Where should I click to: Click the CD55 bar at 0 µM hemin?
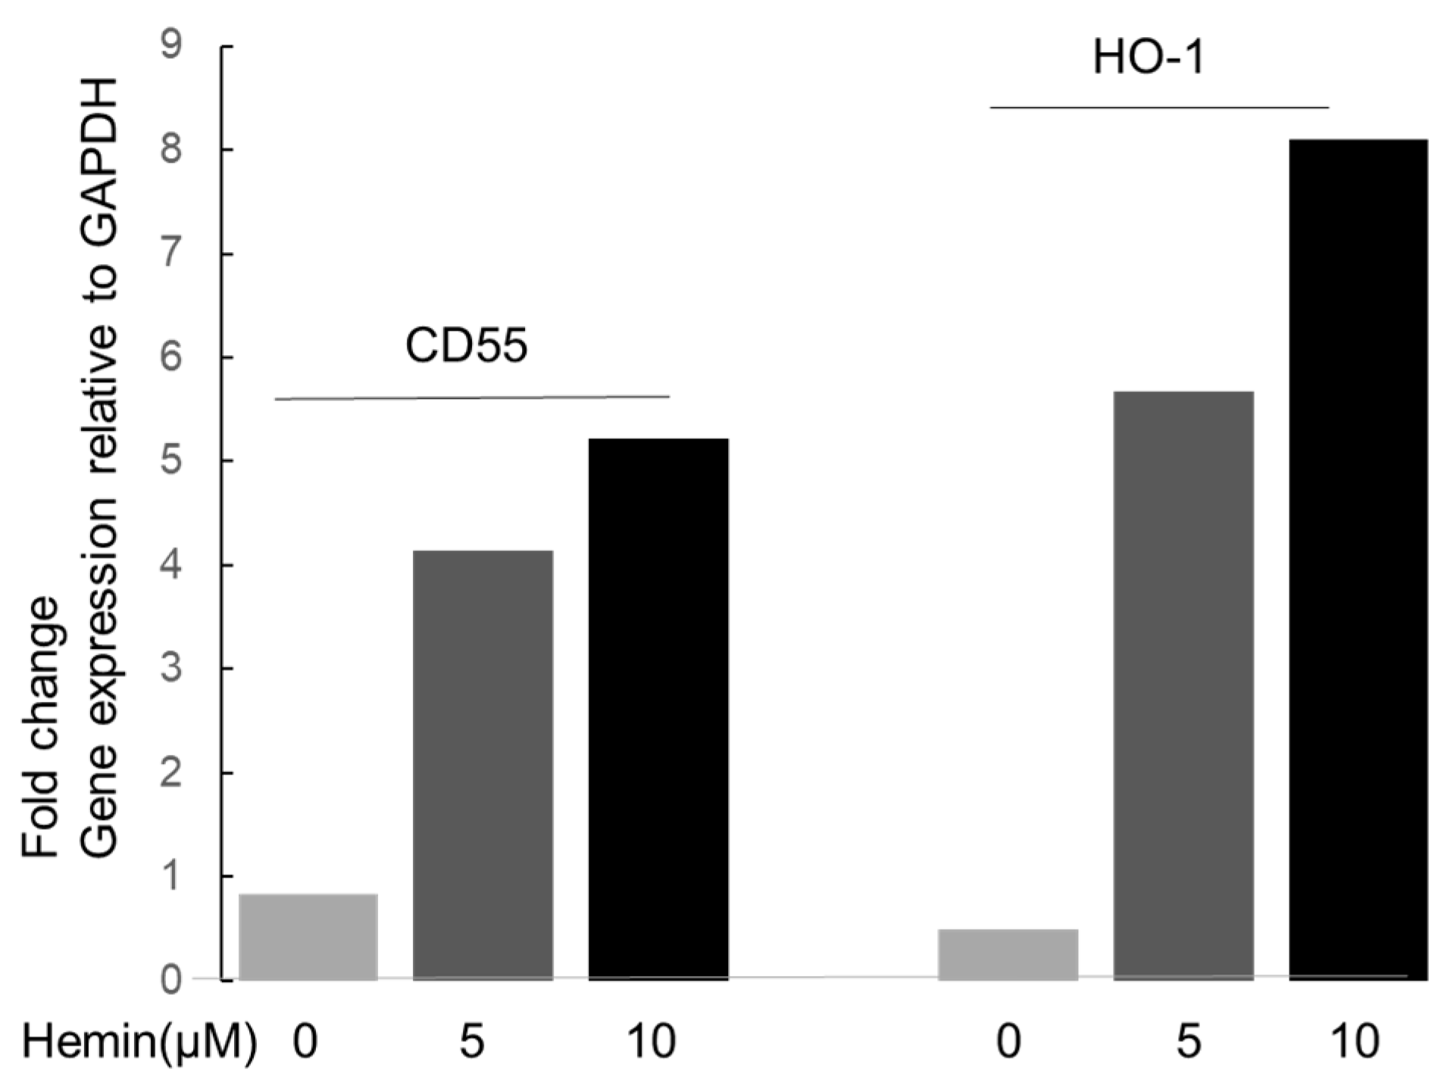(x=308, y=937)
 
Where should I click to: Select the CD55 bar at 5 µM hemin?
(x=483, y=765)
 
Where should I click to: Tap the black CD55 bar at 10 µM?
(x=658, y=709)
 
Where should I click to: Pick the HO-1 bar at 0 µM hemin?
(x=1008, y=954)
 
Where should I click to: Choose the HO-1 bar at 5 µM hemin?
(x=1183, y=685)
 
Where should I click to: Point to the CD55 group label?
(x=466, y=348)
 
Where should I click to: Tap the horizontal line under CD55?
(x=472, y=397)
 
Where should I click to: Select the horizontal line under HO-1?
(x=1159, y=108)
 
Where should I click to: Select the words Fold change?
(x=39, y=727)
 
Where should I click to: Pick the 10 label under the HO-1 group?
(x=1356, y=1043)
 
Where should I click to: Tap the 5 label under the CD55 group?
(x=471, y=1043)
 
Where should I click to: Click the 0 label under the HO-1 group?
(x=1008, y=1043)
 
